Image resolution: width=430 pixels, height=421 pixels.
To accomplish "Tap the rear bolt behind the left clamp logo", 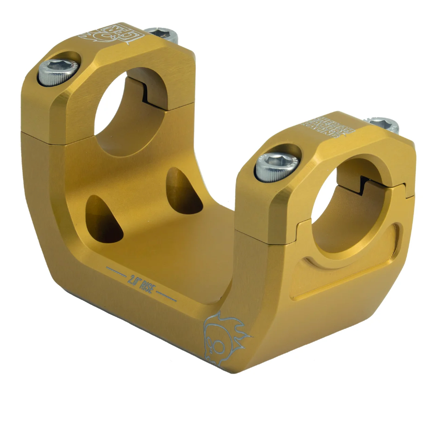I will [x=162, y=34].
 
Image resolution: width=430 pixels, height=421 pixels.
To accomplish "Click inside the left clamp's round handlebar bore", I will [x=124, y=116].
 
